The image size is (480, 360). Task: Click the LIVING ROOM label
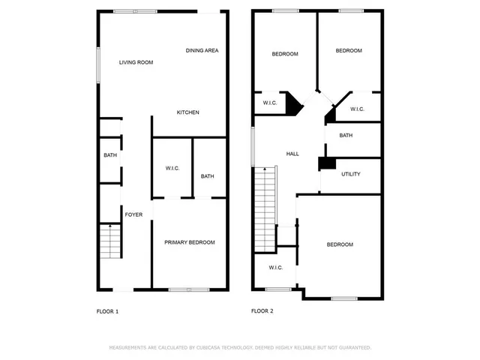pos(136,62)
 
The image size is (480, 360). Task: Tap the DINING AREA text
pos(202,50)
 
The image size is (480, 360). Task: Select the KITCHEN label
pos(187,112)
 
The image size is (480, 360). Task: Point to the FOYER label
pos(133,214)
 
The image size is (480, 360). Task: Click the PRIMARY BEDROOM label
pos(190,242)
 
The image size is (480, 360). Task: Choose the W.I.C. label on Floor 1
pos(172,168)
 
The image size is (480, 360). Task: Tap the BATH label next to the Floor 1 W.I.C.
pos(207,176)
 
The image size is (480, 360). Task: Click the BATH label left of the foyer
pos(109,155)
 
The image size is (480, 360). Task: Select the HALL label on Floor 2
pos(292,154)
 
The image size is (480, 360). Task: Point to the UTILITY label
pos(350,174)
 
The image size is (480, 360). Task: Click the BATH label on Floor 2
pos(346,136)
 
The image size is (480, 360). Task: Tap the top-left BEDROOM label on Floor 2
pos(284,54)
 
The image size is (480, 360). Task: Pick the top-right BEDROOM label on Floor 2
pos(348,51)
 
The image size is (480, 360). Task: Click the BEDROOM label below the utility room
pos(339,244)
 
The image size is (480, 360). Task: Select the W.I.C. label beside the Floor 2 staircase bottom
pos(275,268)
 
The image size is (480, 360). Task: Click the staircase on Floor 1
pos(109,241)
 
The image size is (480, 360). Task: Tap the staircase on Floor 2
pos(266,196)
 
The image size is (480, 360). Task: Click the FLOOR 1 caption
pos(107,311)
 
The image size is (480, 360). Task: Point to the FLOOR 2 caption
pos(262,311)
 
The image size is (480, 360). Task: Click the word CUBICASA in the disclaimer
pos(213,348)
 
